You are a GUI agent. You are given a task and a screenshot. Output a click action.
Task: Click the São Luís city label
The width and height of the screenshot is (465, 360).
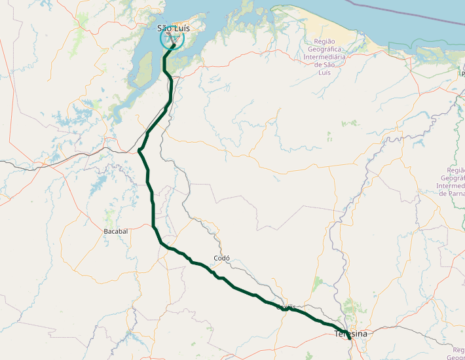pyautogui.click(x=174, y=28)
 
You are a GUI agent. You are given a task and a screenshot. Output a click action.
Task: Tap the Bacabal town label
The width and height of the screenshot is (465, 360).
pyautogui.click(x=116, y=232)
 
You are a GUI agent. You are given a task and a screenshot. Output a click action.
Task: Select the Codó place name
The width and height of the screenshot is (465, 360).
pyautogui.click(x=221, y=258)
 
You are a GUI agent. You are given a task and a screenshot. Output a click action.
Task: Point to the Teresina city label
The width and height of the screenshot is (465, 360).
pyautogui.click(x=351, y=334)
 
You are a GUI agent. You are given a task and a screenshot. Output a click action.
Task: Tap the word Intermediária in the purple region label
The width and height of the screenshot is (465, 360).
pyautogui.click(x=325, y=57)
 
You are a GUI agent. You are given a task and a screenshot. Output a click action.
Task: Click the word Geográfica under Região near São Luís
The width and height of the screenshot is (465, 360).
pyautogui.click(x=325, y=49)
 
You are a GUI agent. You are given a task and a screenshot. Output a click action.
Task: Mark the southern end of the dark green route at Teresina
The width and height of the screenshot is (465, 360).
pyautogui.click(x=351, y=339)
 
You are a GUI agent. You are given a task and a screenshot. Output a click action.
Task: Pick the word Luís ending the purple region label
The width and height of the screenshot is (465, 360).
pyautogui.click(x=325, y=72)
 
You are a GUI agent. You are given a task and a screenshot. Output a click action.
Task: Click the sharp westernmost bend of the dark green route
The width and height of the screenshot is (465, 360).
pyautogui.click(x=139, y=152)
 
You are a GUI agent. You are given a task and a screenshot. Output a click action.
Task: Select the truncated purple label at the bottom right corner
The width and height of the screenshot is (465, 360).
pyautogui.click(x=455, y=353)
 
